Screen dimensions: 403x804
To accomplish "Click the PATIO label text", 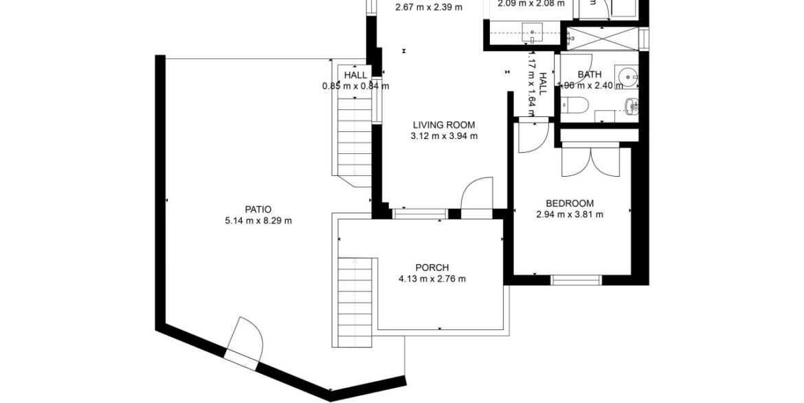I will (258, 210).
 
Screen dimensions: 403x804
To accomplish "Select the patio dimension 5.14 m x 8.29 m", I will (258, 221).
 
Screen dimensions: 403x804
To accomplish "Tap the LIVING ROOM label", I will (444, 125).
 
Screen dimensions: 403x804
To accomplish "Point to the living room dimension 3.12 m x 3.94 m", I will (444, 136).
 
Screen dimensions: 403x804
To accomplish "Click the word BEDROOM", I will (569, 203).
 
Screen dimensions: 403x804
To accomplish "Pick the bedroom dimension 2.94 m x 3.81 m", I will (569, 214).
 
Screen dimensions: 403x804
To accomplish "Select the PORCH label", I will (432, 268).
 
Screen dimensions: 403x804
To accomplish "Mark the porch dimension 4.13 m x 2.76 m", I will (432, 279).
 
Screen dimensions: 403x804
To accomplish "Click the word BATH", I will (589, 75).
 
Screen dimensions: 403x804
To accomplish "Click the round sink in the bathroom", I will (628, 76).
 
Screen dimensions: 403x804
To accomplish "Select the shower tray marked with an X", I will (601, 38).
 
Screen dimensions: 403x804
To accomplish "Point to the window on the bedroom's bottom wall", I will (576, 279).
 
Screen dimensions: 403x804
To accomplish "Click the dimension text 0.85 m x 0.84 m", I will (355, 87).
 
